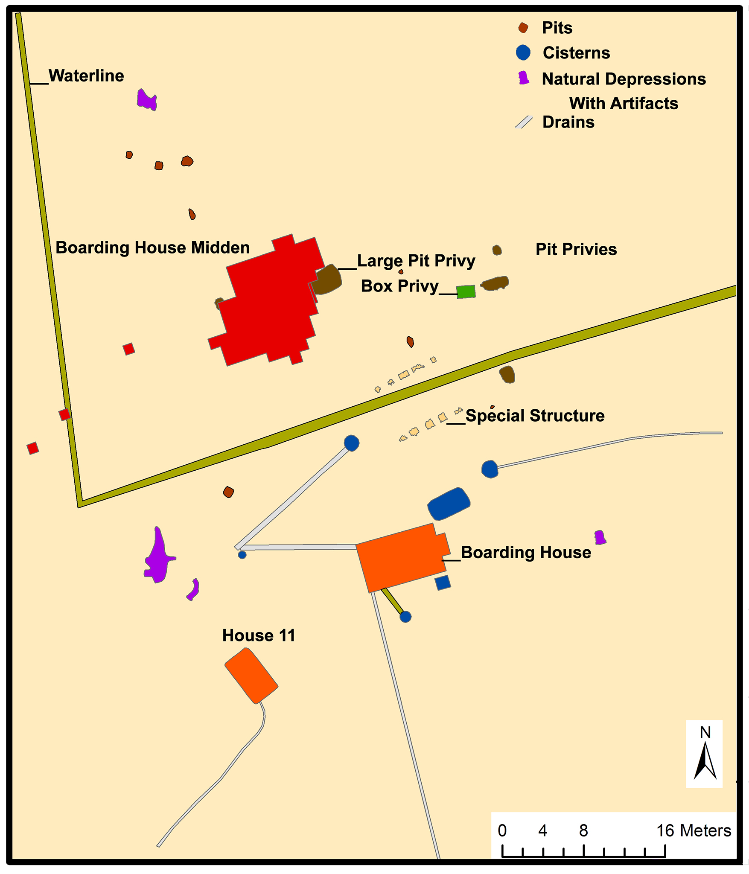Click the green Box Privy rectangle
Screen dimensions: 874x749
466,292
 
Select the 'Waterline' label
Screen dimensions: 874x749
86,76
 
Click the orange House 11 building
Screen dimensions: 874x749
251,676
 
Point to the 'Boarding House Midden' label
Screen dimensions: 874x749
152,248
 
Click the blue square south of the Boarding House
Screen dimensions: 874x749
443,583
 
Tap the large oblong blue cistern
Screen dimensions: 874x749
449,504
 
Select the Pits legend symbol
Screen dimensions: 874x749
523,28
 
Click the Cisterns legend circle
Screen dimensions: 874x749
523,53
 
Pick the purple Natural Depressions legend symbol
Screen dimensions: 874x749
524,78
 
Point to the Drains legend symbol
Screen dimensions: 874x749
524,122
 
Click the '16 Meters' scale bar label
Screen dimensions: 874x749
694,830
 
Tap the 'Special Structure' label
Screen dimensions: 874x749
535,416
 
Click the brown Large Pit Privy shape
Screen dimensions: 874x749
327,280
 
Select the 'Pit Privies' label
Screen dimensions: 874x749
576,250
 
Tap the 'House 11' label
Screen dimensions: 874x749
259,636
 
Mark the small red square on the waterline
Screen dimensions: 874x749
65,414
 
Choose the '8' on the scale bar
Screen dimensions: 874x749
583,830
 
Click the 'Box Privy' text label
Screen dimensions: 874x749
399,286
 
